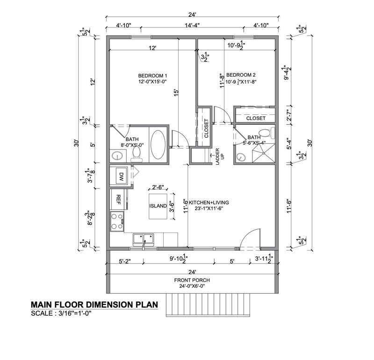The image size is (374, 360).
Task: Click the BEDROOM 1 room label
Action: pyautogui.click(x=153, y=76)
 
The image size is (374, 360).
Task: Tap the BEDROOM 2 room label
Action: pyautogui.click(x=241, y=75)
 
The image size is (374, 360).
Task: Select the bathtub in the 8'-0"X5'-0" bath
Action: pyautogui.click(x=158, y=145)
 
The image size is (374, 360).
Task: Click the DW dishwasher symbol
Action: pyautogui.click(x=122, y=176)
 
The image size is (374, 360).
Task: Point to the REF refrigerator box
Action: pyautogui.click(x=118, y=199)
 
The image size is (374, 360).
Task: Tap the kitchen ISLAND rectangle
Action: pyautogui.click(x=158, y=206)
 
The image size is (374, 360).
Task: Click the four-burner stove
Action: pyautogui.click(x=117, y=221)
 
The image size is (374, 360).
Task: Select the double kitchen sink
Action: pyautogui.click(x=144, y=240)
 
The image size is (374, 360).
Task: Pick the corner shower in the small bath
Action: pyautogui.click(x=263, y=153)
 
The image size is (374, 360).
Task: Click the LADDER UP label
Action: pyautogui.click(x=219, y=156)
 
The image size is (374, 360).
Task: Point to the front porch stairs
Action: pyautogui.click(x=208, y=305)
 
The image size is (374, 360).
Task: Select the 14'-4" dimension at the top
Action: pyautogui.click(x=192, y=25)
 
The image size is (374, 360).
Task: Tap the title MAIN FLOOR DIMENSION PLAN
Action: pyautogui.click(x=94, y=304)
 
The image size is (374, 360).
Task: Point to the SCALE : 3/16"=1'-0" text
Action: pyautogui.click(x=61, y=313)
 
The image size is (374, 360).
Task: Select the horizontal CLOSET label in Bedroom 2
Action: pyautogui.click(x=256, y=118)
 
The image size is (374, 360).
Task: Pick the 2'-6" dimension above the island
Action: pyautogui.click(x=158, y=187)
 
